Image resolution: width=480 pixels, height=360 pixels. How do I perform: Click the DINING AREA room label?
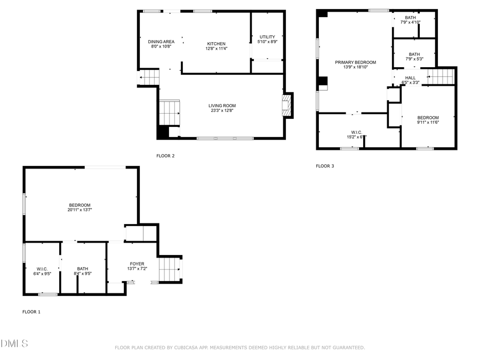click(161, 42)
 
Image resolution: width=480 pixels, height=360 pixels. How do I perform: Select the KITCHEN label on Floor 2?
click(216, 44)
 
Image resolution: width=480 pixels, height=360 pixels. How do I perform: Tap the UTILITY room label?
click(267, 37)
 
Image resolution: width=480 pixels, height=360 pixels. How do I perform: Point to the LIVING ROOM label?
click(222, 106)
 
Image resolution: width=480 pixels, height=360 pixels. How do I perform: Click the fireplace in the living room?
click(287, 106)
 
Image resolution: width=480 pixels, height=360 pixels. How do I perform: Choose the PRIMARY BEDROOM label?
click(355, 62)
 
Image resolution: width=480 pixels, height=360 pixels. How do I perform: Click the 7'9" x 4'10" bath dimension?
click(411, 22)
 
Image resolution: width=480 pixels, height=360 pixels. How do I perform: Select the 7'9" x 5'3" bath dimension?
click(414, 59)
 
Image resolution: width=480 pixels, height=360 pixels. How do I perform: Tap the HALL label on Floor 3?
click(410, 77)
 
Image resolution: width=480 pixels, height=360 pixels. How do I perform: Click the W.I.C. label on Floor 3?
click(356, 132)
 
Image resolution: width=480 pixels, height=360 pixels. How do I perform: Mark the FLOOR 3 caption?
click(325, 166)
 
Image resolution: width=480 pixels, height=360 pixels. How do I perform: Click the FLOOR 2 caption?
click(165, 156)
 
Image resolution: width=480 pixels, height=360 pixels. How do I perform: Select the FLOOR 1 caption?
click(31, 312)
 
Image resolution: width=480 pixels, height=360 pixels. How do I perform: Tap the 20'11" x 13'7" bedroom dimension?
click(79, 211)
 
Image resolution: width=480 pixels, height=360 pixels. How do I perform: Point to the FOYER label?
click(137, 263)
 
